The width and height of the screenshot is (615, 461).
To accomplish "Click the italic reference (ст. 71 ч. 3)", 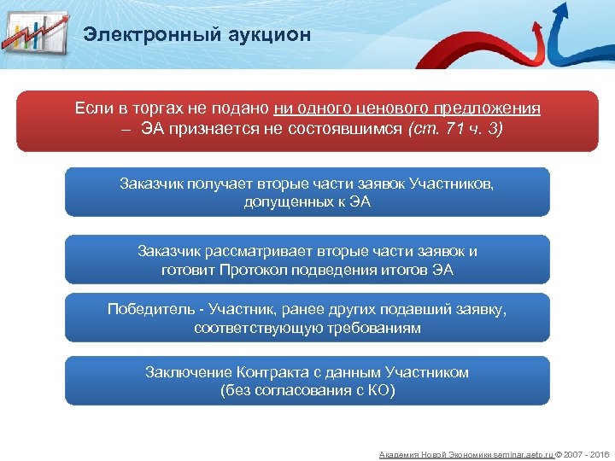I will [456, 129].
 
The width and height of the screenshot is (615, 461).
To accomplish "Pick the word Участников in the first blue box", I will [454, 184].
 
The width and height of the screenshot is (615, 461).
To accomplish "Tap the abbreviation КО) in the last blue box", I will [382, 391].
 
